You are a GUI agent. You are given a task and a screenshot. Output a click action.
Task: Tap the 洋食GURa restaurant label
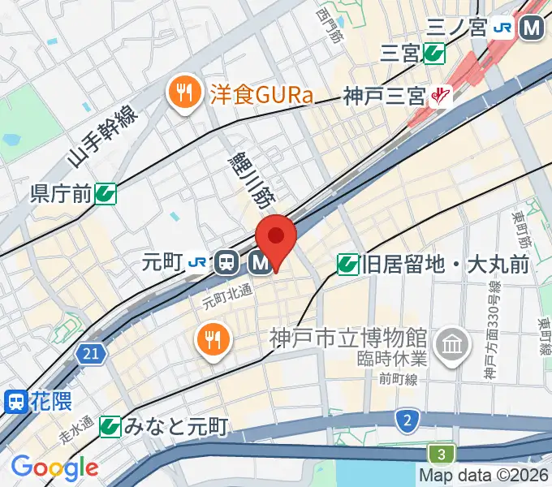(261, 95)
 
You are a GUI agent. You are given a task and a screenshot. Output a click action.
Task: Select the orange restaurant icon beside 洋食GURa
(184, 93)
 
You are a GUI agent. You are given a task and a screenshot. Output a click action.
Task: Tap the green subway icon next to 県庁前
(105, 193)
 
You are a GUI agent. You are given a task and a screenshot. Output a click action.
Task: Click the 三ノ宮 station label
(456, 28)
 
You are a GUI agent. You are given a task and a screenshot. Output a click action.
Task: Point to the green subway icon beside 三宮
(433, 54)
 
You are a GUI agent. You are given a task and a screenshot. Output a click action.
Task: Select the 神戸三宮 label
(384, 96)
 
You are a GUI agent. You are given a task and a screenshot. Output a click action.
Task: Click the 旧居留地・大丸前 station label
(446, 264)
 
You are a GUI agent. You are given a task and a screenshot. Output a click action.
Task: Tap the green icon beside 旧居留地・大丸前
(347, 264)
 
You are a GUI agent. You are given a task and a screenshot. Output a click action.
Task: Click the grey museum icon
(452, 344)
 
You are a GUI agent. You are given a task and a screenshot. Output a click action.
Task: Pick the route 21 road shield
(92, 353)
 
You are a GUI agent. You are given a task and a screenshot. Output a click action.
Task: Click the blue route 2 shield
(405, 420)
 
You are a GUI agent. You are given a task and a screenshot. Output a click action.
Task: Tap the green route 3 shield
(441, 454)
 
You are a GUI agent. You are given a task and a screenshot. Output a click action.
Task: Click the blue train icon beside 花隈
(15, 400)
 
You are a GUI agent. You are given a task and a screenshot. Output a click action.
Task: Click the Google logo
(54, 468)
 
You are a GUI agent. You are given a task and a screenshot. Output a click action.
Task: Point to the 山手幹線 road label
(101, 136)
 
